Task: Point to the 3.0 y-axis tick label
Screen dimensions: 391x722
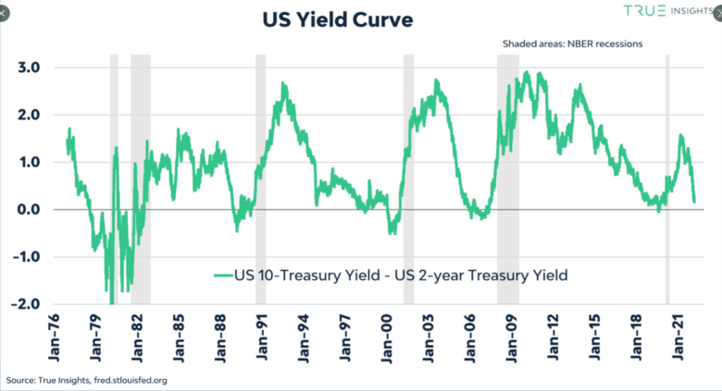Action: [x=27, y=67]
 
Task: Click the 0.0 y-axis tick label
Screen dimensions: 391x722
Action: [x=27, y=210]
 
